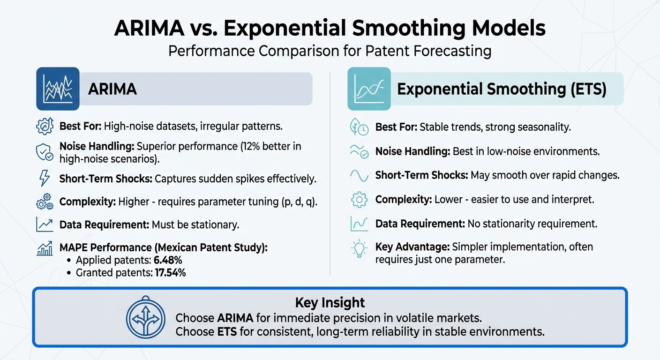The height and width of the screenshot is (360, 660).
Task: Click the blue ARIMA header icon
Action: (x=58, y=89)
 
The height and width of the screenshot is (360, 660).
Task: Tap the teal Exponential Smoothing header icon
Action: (x=369, y=89)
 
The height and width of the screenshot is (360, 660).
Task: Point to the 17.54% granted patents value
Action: (x=170, y=272)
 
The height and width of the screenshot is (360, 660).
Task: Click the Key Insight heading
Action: (x=330, y=302)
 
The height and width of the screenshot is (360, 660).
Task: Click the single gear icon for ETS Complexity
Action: (x=360, y=199)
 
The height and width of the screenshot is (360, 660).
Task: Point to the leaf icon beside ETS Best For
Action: (x=360, y=127)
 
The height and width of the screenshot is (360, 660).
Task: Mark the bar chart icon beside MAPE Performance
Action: (x=45, y=248)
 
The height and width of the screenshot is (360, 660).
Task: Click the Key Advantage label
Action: (x=407, y=247)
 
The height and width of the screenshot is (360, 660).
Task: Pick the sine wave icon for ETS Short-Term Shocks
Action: (x=360, y=175)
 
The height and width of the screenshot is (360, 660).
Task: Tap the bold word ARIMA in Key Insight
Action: (x=235, y=318)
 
